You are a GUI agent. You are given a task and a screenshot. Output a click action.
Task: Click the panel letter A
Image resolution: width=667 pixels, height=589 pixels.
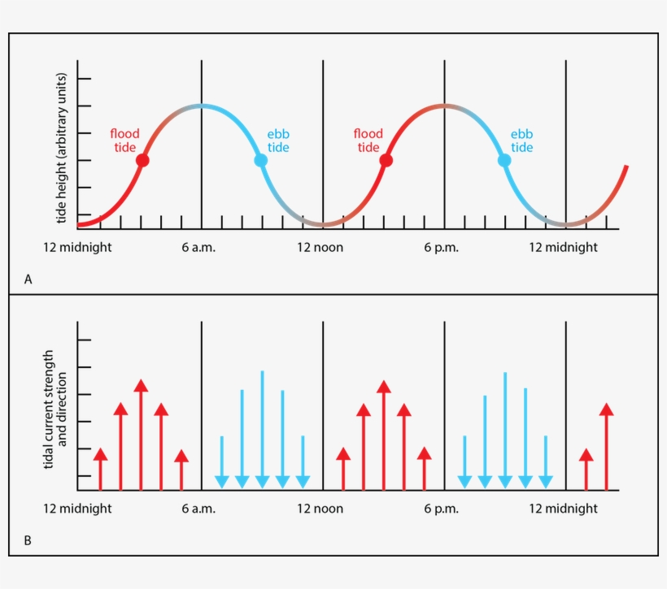pyautogui.click(x=28, y=279)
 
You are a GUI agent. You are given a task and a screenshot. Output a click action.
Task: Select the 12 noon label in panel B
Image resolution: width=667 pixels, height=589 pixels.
pyautogui.click(x=320, y=509)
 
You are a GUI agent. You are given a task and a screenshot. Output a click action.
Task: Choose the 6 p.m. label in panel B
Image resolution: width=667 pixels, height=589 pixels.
pyautogui.click(x=442, y=509)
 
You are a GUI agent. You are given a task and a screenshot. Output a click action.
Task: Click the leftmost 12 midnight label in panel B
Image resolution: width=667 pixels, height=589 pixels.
pyautogui.click(x=77, y=509)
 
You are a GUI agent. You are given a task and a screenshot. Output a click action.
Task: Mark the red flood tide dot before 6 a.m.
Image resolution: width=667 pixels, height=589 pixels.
pyautogui.click(x=142, y=161)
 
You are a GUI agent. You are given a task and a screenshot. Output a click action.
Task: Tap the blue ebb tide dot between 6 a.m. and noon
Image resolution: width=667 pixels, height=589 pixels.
pyautogui.click(x=260, y=161)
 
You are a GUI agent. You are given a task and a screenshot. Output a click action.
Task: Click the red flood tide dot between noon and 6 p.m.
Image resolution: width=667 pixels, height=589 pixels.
pyautogui.click(x=386, y=161)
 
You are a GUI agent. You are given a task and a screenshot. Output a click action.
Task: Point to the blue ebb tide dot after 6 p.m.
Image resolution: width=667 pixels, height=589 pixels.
pyautogui.click(x=504, y=161)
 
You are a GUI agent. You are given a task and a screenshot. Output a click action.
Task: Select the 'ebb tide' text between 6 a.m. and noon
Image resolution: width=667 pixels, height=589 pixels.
pyautogui.click(x=278, y=141)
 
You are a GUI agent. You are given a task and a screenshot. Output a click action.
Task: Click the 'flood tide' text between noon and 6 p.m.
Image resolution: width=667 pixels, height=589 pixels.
pyautogui.click(x=368, y=141)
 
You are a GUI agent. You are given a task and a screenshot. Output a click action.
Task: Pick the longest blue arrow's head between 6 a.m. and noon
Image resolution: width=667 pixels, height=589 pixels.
pyautogui.click(x=262, y=481)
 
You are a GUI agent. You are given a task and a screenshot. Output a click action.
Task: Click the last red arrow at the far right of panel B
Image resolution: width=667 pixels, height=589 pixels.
pyautogui.click(x=606, y=447)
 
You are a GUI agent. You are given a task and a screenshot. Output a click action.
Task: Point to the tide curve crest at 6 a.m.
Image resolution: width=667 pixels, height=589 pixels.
pyautogui.click(x=201, y=106)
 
